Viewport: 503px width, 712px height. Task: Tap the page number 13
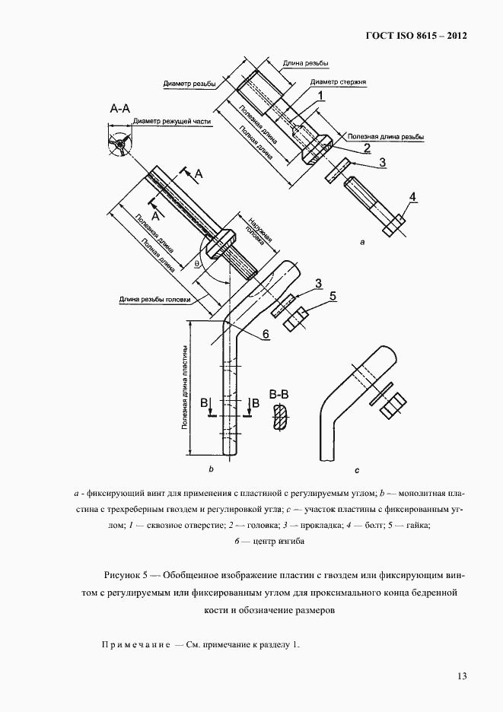[461, 676]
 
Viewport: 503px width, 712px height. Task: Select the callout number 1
[321, 96]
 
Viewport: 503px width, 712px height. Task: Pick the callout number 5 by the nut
[332, 296]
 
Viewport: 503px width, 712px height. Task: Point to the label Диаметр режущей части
[171, 121]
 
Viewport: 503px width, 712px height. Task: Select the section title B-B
[279, 395]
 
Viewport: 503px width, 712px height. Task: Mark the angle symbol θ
[196, 265]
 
